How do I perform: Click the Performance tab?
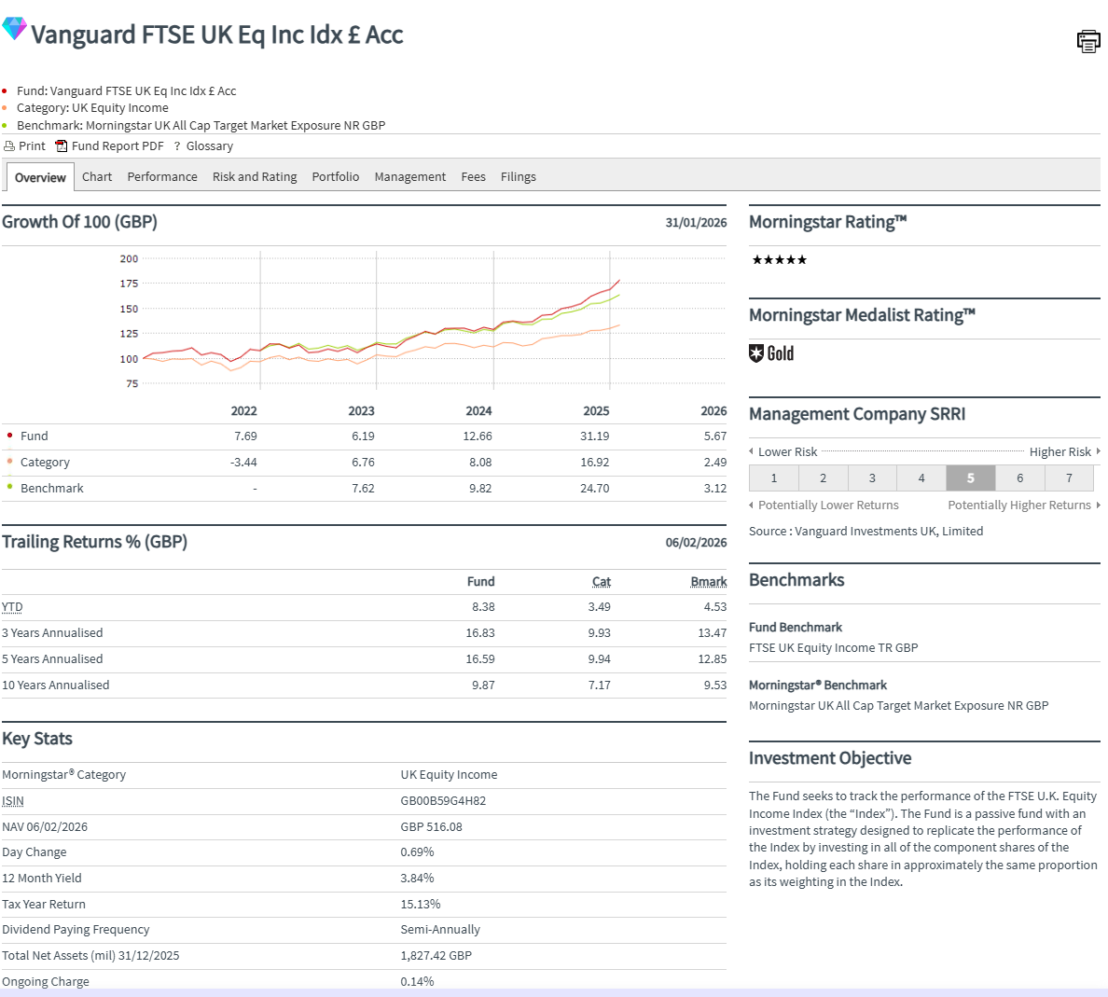(x=162, y=176)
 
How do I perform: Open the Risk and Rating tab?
(x=255, y=176)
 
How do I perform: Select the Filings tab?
(x=518, y=176)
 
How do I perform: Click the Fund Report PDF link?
(x=117, y=146)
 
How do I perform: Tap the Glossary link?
(x=209, y=146)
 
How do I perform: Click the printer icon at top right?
(x=1087, y=41)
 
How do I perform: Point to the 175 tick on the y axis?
(x=129, y=284)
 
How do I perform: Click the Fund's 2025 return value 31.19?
(x=594, y=436)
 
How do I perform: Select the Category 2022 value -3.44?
(x=243, y=462)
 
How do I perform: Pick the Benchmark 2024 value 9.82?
(x=479, y=488)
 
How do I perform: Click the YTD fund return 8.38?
(x=483, y=606)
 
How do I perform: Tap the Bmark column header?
(x=709, y=581)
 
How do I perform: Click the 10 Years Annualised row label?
(x=56, y=685)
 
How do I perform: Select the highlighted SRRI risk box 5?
(x=970, y=478)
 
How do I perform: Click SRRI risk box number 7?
(x=1069, y=478)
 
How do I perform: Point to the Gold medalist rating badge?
(x=772, y=353)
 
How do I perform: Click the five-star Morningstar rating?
(x=779, y=260)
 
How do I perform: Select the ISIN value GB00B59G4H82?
(x=443, y=800)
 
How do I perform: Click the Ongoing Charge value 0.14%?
(x=417, y=981)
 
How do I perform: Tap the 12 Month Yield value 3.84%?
(x=417, y=878)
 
